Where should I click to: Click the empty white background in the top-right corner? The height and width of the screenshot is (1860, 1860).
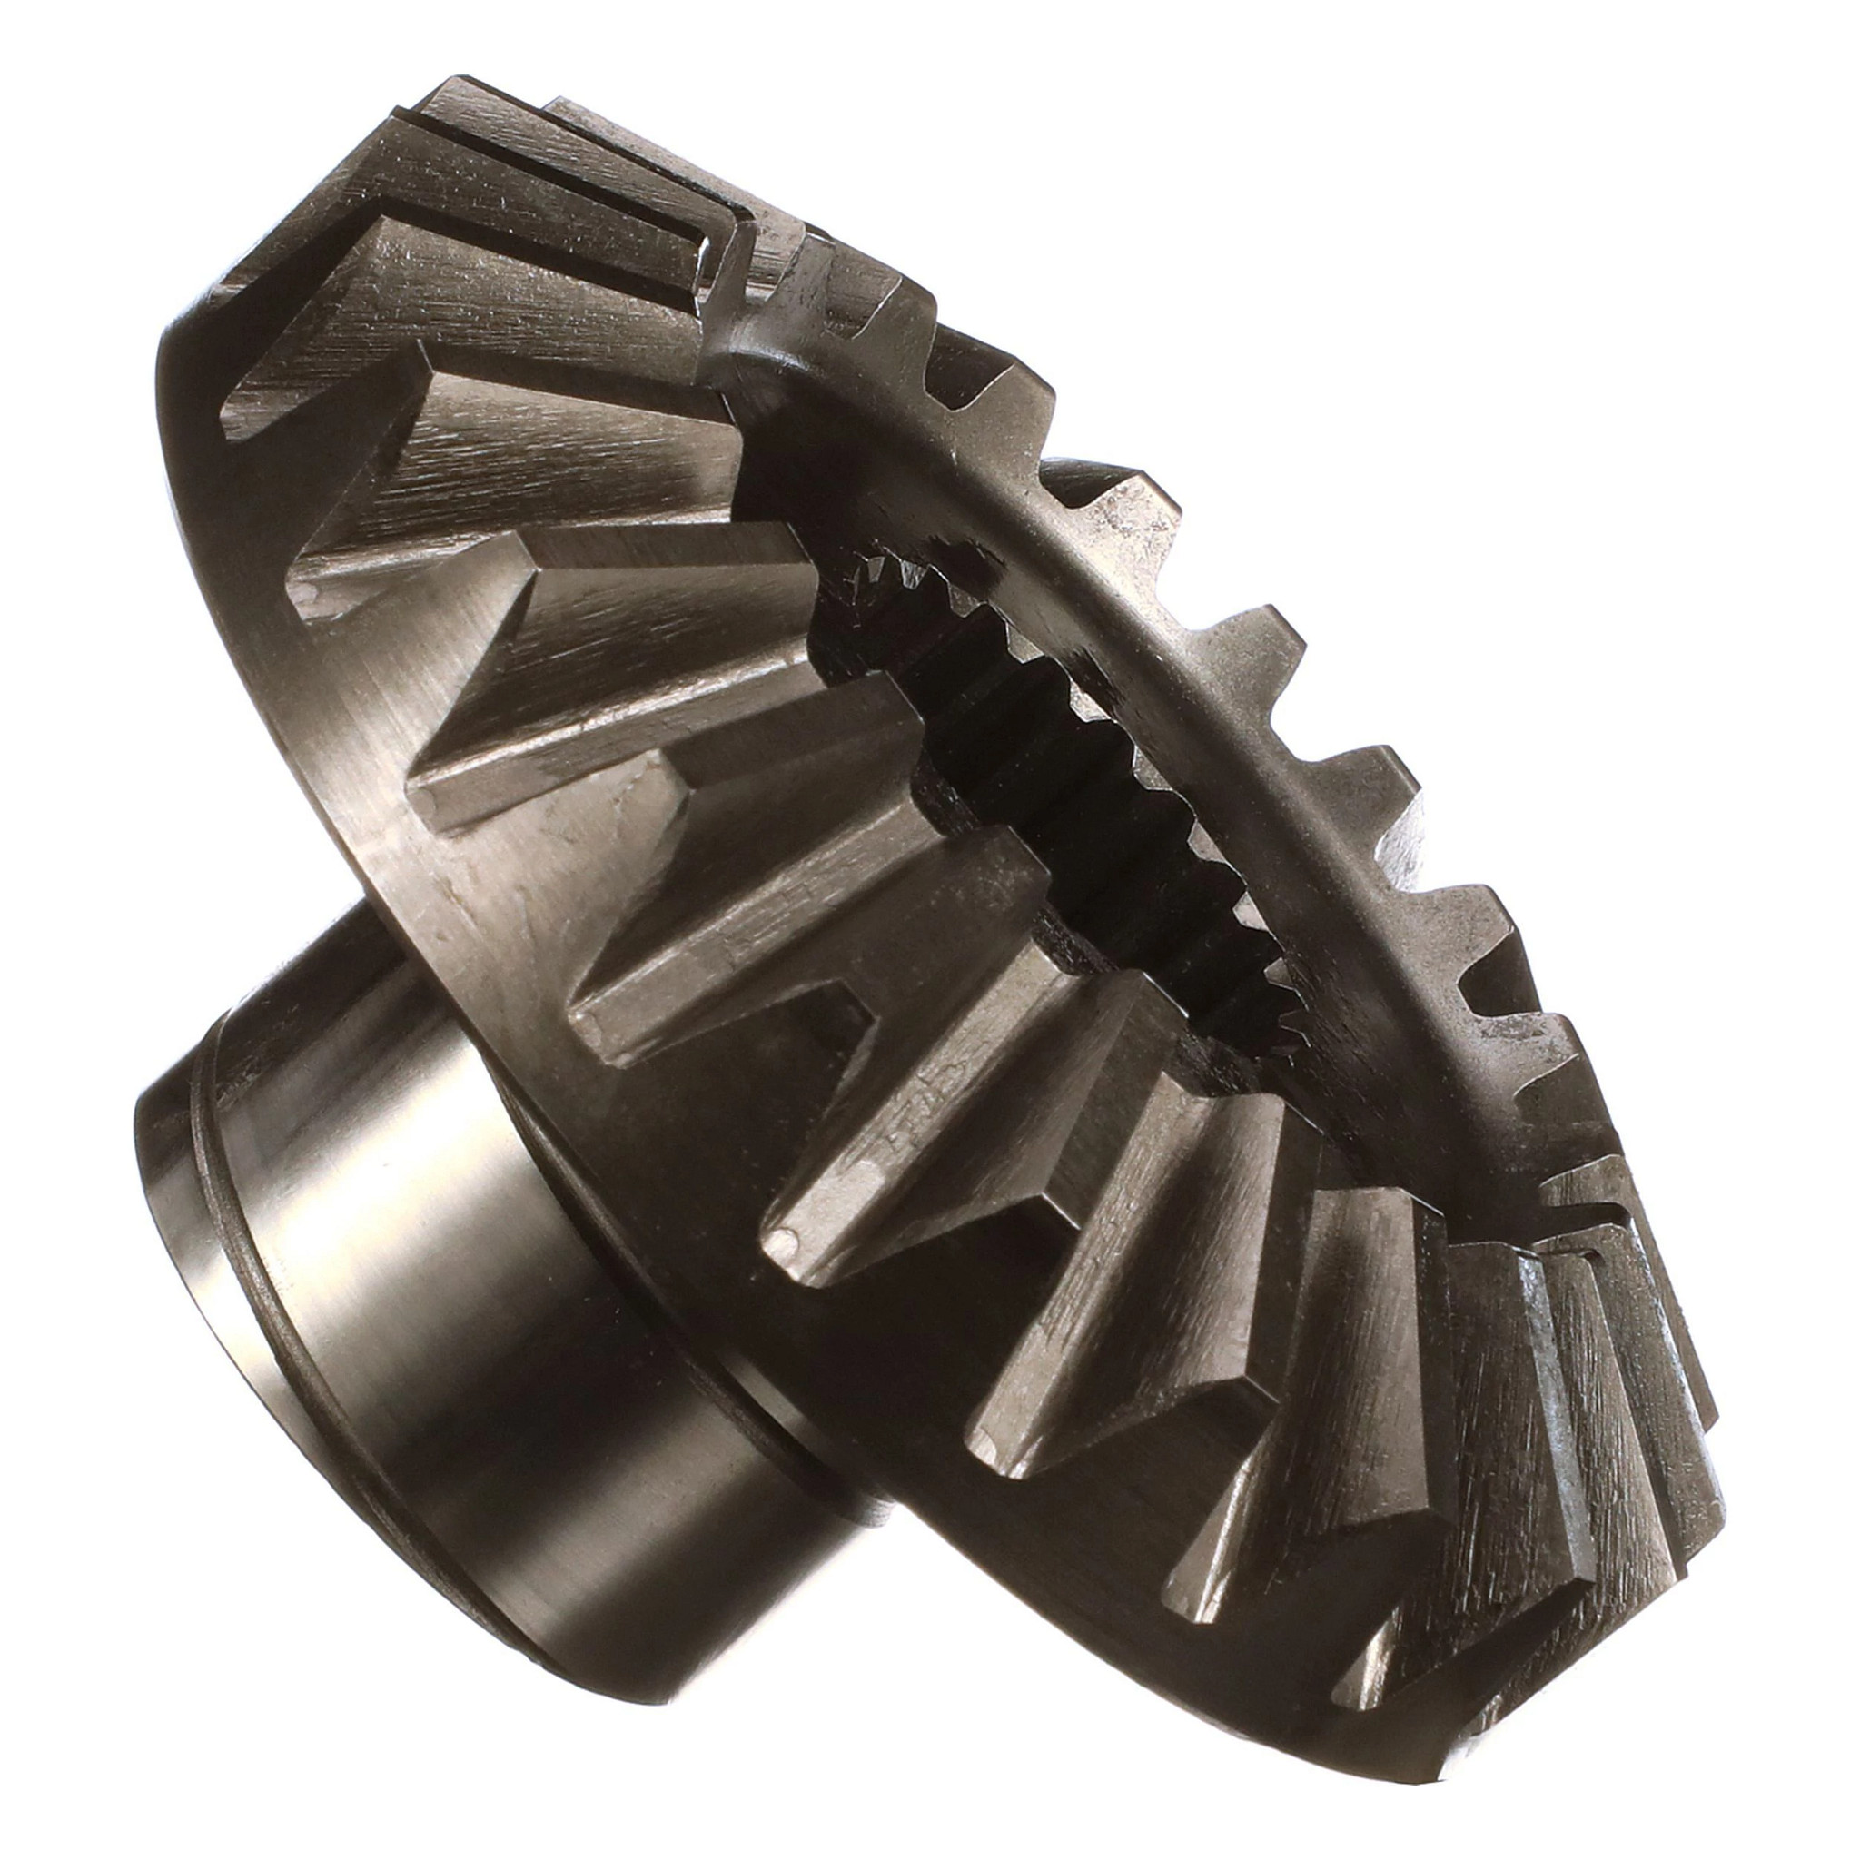coord(1685,144)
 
